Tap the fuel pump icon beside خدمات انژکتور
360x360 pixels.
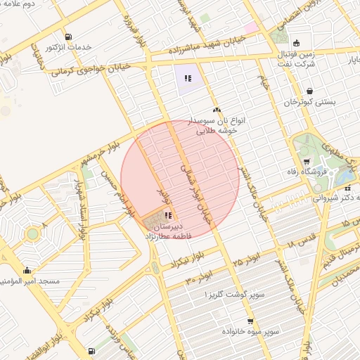pyautogui.click(x=67, y=37)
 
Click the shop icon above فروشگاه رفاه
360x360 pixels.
pyautogui.click(x=305, y=161)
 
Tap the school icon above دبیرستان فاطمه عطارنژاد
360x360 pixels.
pyautogui.click(x=167, y=215)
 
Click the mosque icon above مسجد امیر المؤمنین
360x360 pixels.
pyautogui.click(x=27, y=270)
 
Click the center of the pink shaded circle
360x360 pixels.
pyautogui.click(x=180, y=179)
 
